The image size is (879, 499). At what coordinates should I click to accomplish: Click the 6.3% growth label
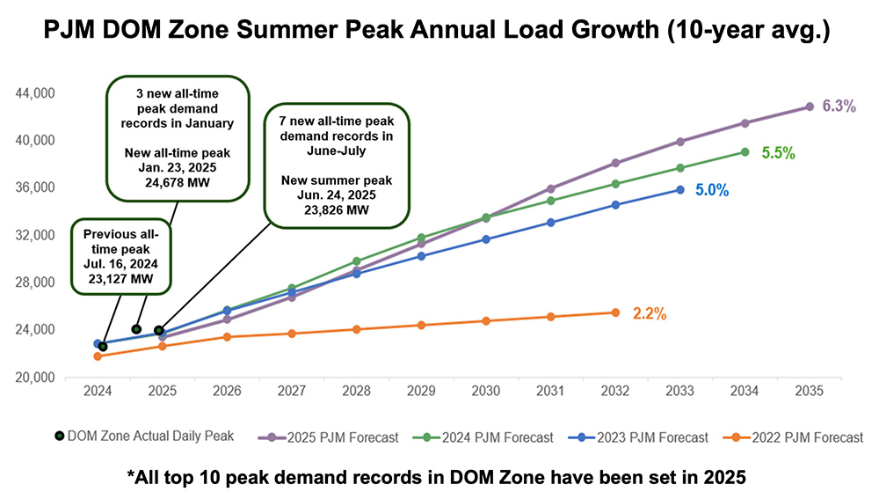(838, 106)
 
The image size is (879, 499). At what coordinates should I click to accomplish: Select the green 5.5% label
(778, 153)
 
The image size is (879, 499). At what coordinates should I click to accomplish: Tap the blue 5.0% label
(712, 189)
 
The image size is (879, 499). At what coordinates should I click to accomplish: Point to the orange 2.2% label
(648, 313)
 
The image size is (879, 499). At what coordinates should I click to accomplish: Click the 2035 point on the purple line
(809, 106)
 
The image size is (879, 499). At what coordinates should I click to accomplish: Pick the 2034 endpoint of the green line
(745, 151)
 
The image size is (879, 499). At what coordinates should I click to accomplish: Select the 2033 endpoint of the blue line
(679, 189)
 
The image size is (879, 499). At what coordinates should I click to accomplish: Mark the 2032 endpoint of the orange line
(615, 312)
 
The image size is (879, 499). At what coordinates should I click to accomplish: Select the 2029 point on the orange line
(421, 326)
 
